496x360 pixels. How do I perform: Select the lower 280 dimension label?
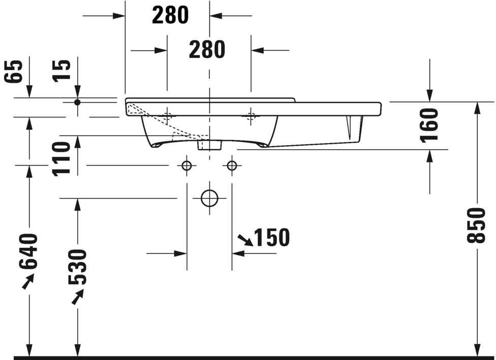207,50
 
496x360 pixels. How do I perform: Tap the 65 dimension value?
15,72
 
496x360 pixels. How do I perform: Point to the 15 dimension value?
63,71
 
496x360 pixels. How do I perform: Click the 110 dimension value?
61,158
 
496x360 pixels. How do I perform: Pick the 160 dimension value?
430,125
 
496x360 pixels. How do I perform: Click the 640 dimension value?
29,251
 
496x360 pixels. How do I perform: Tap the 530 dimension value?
77,267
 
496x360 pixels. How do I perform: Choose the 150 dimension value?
272,238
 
